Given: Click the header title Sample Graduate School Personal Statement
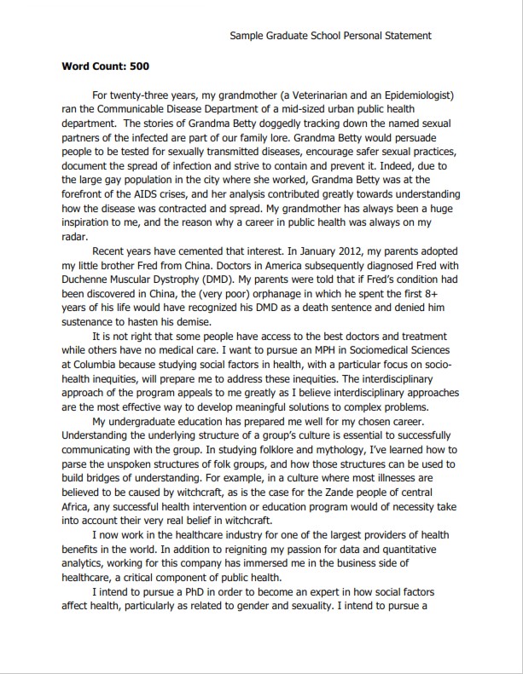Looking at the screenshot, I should click(331, 36).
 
